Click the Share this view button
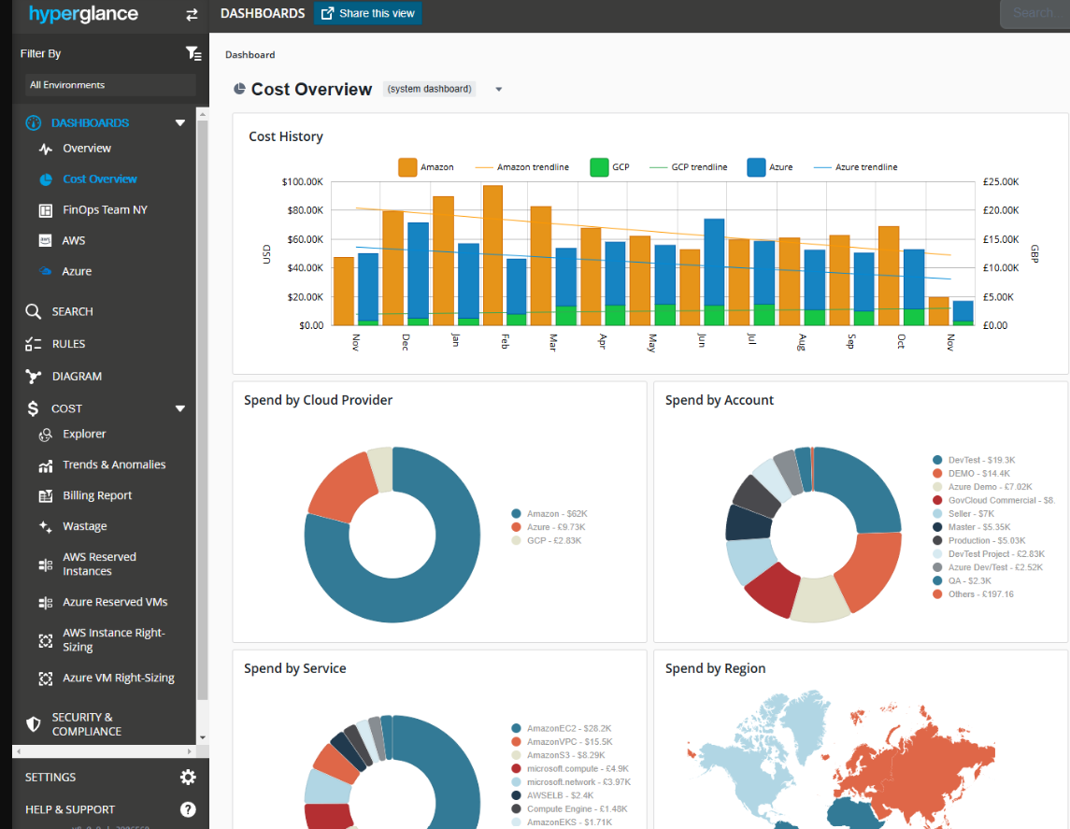coord(367,13)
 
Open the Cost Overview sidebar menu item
coord(99,179)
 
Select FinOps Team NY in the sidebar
coord(105,209)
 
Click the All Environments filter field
coord(110,85)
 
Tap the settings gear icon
coord(188,777)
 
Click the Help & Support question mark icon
coord(188,809)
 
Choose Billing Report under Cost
coord(97,495)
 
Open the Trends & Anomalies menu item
coord(114,465)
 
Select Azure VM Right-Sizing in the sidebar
coord(118,678)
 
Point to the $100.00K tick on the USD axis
coord(302,181)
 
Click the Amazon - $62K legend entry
coord(556,514)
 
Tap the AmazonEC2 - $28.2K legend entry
coord(568,728)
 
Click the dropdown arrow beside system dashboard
coord(499,90)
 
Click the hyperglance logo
coord(83,14)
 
